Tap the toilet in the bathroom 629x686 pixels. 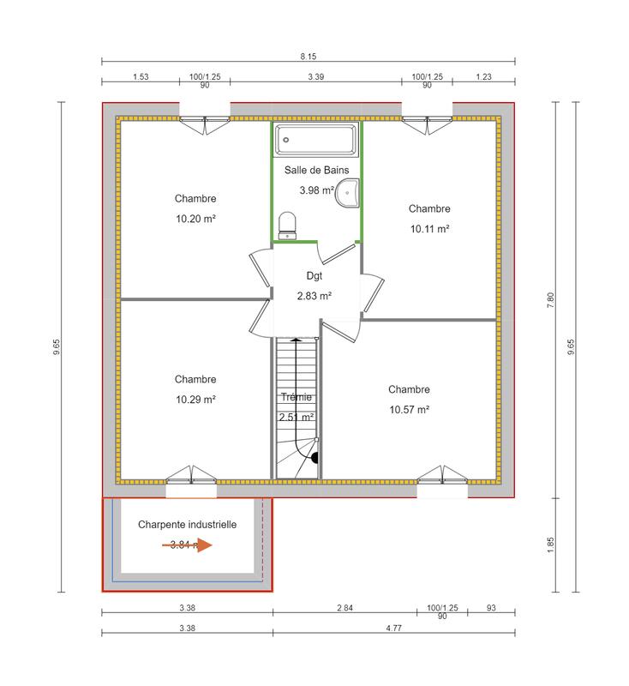[288, 226]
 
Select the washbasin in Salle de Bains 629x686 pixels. [347, 195]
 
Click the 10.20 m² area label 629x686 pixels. [195, 219]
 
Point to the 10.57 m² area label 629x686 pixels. [408, 410]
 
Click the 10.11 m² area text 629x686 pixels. [428, 229]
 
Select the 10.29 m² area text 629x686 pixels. [195, 400]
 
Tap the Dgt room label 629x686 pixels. [314, 276]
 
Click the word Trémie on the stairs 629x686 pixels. [297, 398]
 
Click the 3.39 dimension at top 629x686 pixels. [315, 77]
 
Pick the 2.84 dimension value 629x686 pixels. [344, 607]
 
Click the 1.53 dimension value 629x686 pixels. [141, 77]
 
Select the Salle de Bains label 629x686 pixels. [316, 171]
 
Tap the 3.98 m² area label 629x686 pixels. [315, 190]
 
